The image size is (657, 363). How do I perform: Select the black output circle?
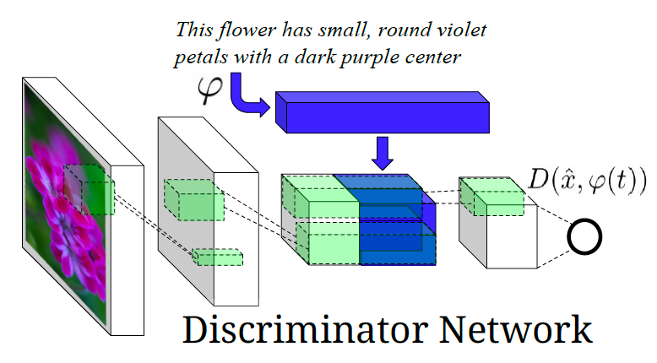pos(584,237)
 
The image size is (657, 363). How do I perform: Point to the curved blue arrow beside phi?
pos(249,95)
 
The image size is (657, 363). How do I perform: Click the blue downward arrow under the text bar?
pos(384,152)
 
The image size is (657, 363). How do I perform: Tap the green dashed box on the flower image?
pos(88,190)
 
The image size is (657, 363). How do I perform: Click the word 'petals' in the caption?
pos(201,57)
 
